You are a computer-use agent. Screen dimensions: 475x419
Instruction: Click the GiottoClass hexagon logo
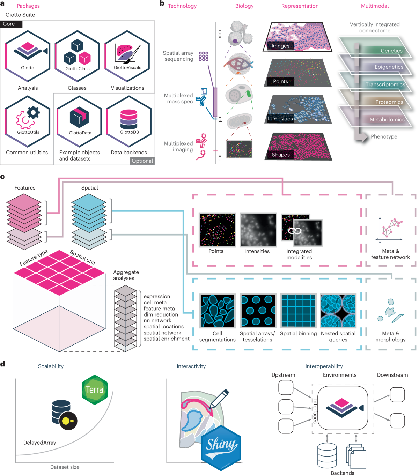click(x=77, y=56)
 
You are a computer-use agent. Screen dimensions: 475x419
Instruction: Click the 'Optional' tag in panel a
click(x=142, y=161)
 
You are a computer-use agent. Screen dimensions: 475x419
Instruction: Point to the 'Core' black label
click(x=9, y=24)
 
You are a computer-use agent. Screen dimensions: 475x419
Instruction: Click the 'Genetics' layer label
click(x=391, y=51)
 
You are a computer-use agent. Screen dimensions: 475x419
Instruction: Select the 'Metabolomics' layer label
click(x=387, y=120)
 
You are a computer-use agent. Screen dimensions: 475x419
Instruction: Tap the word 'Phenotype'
click(x=384, y=136)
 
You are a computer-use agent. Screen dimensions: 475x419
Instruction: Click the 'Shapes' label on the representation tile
click(x=281, y=155)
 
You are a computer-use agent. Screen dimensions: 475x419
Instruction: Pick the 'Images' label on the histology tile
click(x=280, y=46)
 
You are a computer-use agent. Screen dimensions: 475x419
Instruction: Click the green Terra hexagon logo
click(x=95, y=389)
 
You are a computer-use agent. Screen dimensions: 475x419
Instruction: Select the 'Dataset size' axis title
click(x=65, y=467)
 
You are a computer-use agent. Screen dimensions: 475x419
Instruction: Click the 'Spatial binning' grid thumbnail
click(x=299, y=311)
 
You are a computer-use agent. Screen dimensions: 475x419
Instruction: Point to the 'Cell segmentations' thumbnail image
click(x=217, y=311)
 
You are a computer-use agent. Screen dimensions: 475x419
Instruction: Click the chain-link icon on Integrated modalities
click(x=295, y=231)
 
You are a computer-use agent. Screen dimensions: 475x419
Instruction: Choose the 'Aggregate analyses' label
click(x=126, y=275)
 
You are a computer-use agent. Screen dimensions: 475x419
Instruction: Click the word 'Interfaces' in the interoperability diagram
click(x=315, y=411)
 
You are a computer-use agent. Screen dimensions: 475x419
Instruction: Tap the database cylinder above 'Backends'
click(x=327, y=455)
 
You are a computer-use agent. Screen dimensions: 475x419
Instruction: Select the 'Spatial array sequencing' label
click(x=178, y=56)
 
